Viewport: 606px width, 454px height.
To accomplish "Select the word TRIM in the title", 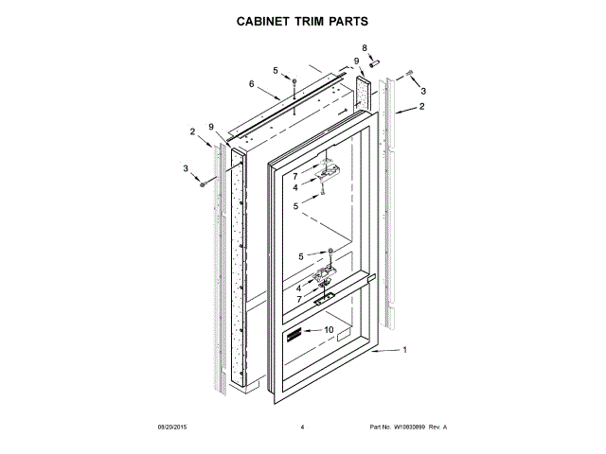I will pyautogui.click(x=313, y=20).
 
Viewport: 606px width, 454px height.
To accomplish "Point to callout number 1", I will pyautogui.click(x=404, y=351).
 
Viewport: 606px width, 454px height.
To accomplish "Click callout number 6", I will pyautogui.click(x=252, y=84).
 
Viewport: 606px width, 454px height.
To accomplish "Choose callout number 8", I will pyautogui.click(x=365, y=47).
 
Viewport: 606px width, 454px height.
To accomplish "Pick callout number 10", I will pyautogui.click(x=329, y=329).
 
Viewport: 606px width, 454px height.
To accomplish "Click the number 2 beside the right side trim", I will pyautogui.click(x=422, y=107).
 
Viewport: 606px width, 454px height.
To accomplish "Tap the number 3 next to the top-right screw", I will pyautogui.click(x=423, y=91).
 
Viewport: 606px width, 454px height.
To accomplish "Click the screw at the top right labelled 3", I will pyautogui.click(x=408, y=74).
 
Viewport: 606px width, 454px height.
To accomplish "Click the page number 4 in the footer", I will pyautogui.click(x=302, y=428).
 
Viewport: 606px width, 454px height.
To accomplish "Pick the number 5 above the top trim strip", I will pyautogui.click(x=276, y=70).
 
